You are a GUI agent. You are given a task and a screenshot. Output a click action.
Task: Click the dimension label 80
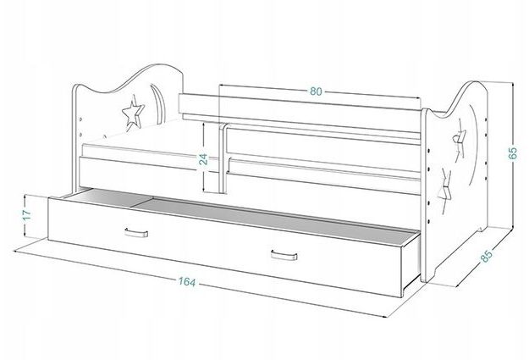[x=316, y=91]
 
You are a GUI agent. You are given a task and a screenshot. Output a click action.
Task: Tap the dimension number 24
[x=203, y=158]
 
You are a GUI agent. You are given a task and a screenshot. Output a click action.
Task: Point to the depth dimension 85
[x=486, y=256]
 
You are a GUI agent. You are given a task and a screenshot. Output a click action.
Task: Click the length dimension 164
[x=187, y=281]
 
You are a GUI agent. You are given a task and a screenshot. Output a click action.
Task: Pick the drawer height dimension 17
[x=27, y=214]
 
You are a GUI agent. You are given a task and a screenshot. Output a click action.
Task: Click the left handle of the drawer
[x=136, y=233]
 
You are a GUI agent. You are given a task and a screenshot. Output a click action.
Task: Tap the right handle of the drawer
[x=284, y=255]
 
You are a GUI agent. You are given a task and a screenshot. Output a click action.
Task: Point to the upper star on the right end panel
[x=459, y=141]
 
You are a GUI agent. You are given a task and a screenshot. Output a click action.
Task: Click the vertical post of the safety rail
[x=223, y=158]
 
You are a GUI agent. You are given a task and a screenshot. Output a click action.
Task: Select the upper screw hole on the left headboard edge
[x=80, y=119]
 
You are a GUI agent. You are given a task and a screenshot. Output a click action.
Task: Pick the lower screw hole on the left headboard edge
[x=80, y=135]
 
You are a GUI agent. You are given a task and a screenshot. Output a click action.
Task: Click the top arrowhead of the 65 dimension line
[x=512, y=84]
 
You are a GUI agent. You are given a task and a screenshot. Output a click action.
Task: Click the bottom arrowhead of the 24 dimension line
[x=204, y=190]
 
